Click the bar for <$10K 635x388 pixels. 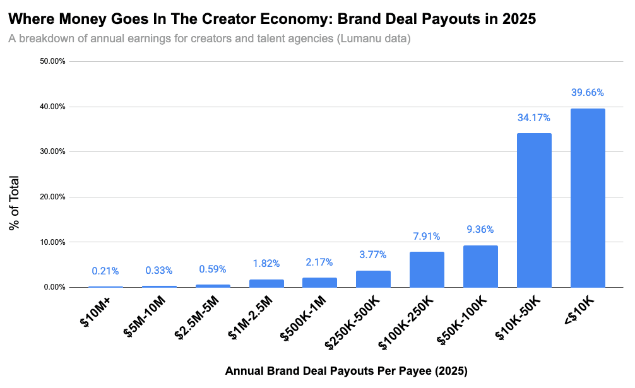pyautogui.click(x=588, y=198)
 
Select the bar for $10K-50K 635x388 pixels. pyautogui.click(x=534, y=210)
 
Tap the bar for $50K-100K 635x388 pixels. pyautogui.click(x=480, y=266)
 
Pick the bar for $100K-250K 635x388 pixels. pyautogui.click(x=427, y=269)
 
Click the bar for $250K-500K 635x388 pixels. pyautogui.click(x=373, y=279)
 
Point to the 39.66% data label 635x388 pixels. pyautogui.click(x=588, y=93)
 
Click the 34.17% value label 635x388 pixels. pyautogui.click(x=534, y=117)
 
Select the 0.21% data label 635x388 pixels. pyautogui.click(x=105, y=271)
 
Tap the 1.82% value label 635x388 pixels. pyautogui.click(x=266, y=264)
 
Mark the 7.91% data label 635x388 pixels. pyautogui.click(x=427, y=237)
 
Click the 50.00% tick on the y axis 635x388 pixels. pyautogui.click(x=53, y=62)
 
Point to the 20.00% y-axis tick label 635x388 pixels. pyautogui.click(x=53, y=197)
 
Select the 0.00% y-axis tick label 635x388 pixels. pyautogui.click(x=55, y=288)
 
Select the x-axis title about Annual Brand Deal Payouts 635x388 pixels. pyautogui.click(x=346, y=371)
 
